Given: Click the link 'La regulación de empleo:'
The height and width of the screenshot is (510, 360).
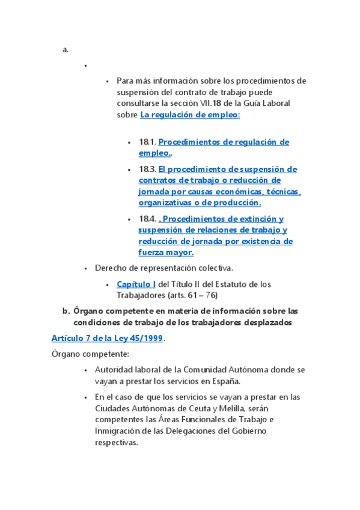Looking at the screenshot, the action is (x=190, y=115).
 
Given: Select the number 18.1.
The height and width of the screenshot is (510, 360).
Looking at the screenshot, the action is (x=147, y=142).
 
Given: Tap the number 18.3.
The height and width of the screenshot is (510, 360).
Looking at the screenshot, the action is (x=147, y=169).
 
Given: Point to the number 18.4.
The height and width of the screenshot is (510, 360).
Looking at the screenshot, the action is (x=147, y=219).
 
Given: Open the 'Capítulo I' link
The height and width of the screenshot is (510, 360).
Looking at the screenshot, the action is (x=136, y=284).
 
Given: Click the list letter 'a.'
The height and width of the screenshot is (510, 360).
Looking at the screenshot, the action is (x=66, y=50).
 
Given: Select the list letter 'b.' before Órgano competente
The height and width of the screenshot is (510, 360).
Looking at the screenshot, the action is (x=67, y=311).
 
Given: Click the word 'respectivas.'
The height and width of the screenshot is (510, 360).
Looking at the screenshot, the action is (x=116, y=442).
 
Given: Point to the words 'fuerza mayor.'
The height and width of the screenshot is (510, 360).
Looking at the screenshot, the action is (x=165, y=253).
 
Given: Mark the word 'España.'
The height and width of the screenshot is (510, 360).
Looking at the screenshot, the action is (x=225, y=381).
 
